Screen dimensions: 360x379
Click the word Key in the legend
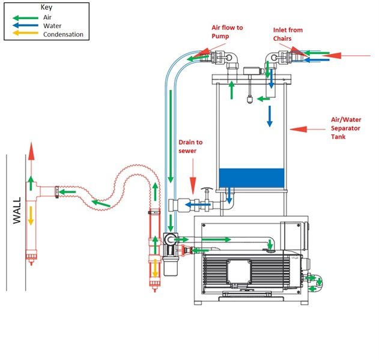46,8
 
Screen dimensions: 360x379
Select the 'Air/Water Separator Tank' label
347,128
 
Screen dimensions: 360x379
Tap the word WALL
17,210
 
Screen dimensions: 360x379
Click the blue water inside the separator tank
251,178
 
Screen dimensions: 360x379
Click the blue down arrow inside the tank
270,116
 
